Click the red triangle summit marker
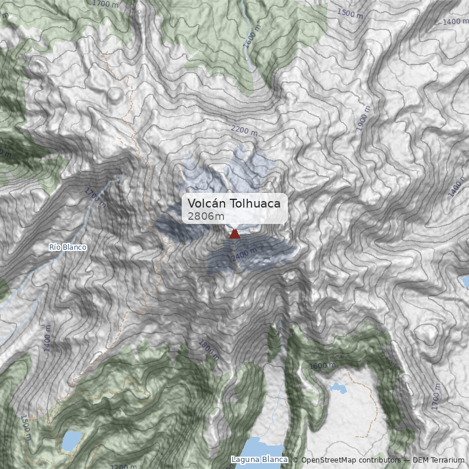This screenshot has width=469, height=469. tap(235, 234)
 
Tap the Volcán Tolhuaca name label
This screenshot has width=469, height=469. tap(234, 203)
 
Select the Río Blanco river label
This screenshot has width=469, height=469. tap(68, 247)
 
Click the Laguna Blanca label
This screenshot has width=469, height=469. tap(260, 460)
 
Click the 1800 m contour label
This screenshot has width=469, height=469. tap(209, 349)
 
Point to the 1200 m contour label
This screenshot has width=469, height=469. tap(123, 467)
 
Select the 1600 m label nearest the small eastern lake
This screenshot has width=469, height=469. tap(322, 366)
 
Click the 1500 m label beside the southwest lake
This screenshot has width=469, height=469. tap(26, 427)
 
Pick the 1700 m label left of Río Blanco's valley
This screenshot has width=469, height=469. tap(94, 198)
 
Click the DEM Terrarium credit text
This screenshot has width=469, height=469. tap(439, 460)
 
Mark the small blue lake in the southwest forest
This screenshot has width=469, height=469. tap(72, 439)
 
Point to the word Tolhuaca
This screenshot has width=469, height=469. tap(255, 203)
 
